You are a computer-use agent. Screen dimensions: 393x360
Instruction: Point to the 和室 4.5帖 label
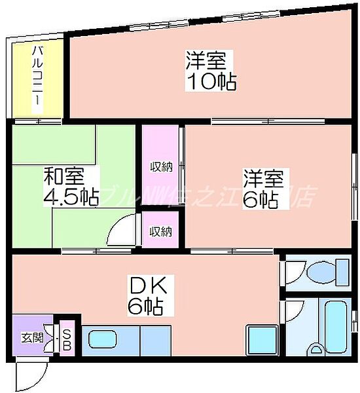tap(71, 187)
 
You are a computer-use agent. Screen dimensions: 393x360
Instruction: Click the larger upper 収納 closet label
tap(160, 166)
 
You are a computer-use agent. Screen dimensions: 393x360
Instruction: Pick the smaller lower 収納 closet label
tap(160, 231)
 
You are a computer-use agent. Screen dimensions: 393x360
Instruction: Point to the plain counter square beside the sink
tap(154, 341)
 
